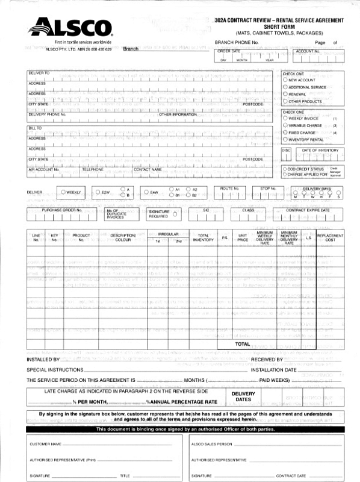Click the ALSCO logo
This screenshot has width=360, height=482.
tap(69, 28)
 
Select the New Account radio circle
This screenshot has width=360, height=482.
tap(285, 80)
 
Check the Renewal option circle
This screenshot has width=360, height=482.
tap(285, 94)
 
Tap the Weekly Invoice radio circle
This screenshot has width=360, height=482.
tap(285, 119)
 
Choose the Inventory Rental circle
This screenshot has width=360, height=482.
tap(285, 140)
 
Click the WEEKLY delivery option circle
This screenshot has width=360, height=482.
tap(63, 192)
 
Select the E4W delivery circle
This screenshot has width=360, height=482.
tap(146, 192)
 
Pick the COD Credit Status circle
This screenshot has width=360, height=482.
tap(285, 169)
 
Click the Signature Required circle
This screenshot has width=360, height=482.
tap(175, 213)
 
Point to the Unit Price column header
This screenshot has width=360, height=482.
tap(243, 237)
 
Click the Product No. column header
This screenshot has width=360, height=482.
tap(81, 237)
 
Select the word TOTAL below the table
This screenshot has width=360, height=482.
tap(243, 344)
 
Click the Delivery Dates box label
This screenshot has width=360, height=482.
tap(243, 396)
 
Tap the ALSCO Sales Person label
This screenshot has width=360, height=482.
tap(211, 443)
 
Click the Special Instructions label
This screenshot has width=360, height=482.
tap(55, 369)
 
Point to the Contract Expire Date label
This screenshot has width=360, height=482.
tap(308, 210)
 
